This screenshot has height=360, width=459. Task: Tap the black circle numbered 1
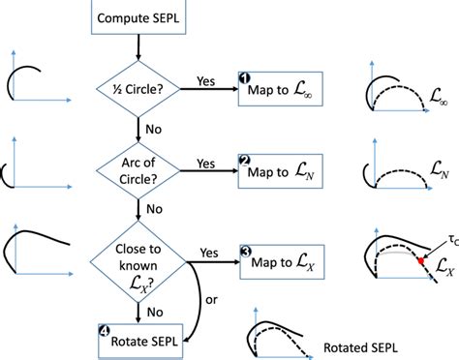[245, 77]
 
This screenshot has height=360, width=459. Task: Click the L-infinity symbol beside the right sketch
[441, 95]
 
